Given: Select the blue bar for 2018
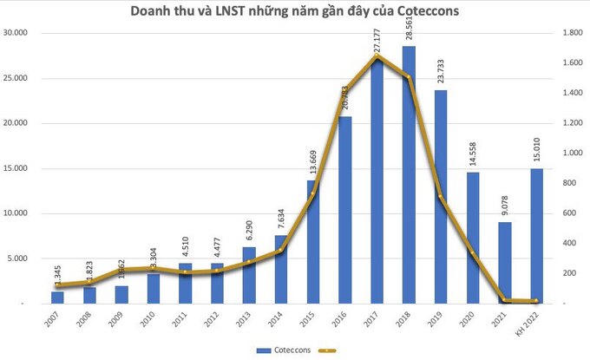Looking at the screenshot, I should [409, 174].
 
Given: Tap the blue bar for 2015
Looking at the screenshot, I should [313, 242].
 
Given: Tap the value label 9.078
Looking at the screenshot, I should [505, 203].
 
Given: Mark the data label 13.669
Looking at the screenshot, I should [313, 161].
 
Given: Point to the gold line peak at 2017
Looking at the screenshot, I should [377, 57].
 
